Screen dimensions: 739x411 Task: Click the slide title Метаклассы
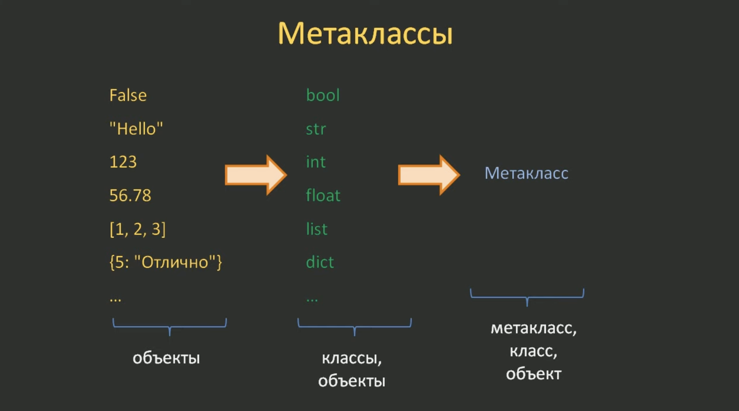365,33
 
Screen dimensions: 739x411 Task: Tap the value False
128,95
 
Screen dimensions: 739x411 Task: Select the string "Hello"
136,128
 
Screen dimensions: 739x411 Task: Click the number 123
123,162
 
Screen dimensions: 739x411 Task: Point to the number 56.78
130,195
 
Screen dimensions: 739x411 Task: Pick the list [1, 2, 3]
137,229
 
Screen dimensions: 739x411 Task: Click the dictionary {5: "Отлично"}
166,262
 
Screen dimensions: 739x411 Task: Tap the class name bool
323,95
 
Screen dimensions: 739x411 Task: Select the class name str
316,129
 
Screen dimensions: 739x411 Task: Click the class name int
316,162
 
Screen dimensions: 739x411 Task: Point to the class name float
323,195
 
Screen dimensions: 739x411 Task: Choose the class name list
316,229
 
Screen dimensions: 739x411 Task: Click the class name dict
320,262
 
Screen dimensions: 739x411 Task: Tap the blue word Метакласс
526,173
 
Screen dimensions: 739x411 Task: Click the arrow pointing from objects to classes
256,175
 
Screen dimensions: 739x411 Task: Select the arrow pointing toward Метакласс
429,175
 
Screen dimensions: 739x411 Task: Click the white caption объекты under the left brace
166,358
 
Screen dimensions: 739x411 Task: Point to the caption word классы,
352,358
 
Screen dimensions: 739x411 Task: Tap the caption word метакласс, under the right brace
533,328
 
